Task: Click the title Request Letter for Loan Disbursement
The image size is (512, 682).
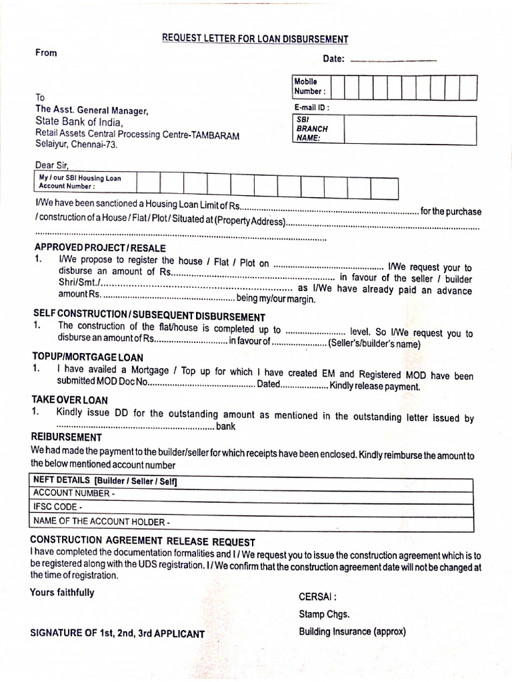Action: coord(255,39)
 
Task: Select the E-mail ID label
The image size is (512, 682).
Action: coord(311,107)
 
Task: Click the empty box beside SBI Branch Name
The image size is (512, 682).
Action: coord(409,129)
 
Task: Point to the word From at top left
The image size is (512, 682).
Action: coord(47,53)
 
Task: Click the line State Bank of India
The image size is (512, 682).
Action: coord(79,123)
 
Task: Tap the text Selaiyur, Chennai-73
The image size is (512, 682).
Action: coord(77,144)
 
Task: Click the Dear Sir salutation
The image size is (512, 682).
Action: coord(51,165)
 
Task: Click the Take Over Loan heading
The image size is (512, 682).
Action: coord(69,400)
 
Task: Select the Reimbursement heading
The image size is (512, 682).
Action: coord(67,438)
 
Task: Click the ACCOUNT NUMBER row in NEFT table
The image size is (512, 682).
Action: coord(253,493)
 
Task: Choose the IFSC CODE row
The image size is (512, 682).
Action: coord(253,507)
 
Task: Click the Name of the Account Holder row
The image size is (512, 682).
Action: coord(253,521)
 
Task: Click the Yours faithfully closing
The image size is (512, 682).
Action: coord(62,592)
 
